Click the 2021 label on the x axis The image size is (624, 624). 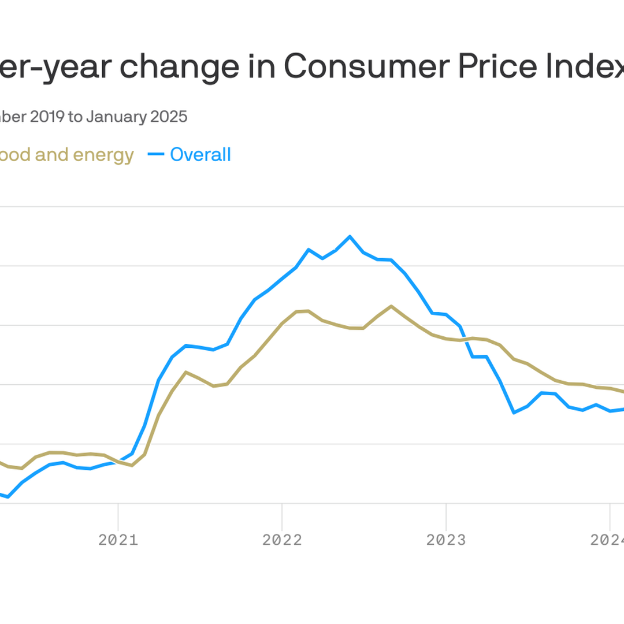(x=118, y=540)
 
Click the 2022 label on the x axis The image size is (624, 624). (x=282, y=540)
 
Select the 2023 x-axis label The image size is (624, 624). (x=446, y=540)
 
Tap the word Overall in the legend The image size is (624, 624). (x=200, y=155)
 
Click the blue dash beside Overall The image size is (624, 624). (x=155, y=155)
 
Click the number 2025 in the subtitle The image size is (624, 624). (x=169, y=117)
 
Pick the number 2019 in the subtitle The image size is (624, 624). (x=46, y=117)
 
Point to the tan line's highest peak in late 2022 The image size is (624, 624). (x=391, y=306)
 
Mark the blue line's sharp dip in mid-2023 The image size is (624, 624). (x=514, y=413)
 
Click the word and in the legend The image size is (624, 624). (x=51, y=155)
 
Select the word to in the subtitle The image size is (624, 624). (x=75, y=117)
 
